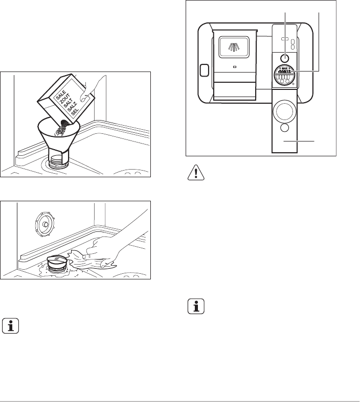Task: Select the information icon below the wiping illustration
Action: (11, 326)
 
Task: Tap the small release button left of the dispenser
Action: (204, 70)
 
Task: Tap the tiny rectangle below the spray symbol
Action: (234, 66)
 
